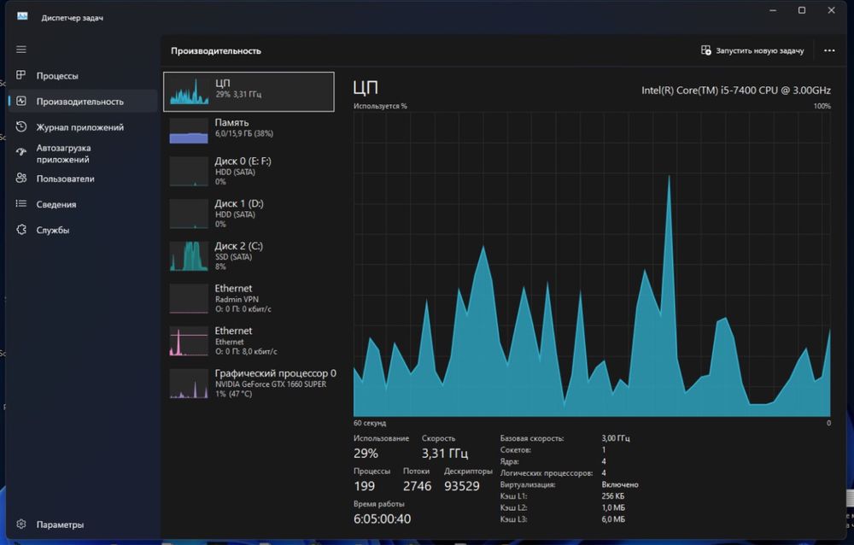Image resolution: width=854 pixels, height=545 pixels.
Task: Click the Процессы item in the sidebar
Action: coord(56,76)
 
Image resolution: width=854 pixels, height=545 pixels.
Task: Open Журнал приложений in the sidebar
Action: coord(79,127)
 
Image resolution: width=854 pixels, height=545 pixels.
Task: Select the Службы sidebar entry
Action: coord(52,230)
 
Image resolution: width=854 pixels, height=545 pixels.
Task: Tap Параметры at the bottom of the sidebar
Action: coord(60,524)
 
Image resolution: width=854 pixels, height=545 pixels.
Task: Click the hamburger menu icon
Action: coord(21,50)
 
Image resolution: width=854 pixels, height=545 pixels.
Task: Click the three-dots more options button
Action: coord(829,50)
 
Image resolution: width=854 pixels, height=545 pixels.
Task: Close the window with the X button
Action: coord(831,10)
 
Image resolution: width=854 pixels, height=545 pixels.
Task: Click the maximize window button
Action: coord(802,10)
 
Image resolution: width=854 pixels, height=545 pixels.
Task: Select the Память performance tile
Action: coord(249,131)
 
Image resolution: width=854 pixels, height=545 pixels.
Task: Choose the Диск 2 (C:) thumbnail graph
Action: coord(189,256)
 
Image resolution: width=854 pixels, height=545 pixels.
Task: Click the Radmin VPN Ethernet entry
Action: coord(249,298)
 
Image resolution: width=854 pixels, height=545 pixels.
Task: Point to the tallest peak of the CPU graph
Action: coord(669,176)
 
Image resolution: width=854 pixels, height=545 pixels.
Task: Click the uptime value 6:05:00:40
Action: coord(382,519)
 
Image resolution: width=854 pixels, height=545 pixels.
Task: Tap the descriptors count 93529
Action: coord(462,486)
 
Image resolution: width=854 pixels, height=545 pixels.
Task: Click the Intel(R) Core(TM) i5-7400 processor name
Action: coord(736,91)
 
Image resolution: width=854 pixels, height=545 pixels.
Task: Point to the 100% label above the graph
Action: coord(822,106)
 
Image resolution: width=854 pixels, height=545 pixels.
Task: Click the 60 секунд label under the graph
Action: coord(369,423)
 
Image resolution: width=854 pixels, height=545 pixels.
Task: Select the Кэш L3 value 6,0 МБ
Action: coord(613,519)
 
